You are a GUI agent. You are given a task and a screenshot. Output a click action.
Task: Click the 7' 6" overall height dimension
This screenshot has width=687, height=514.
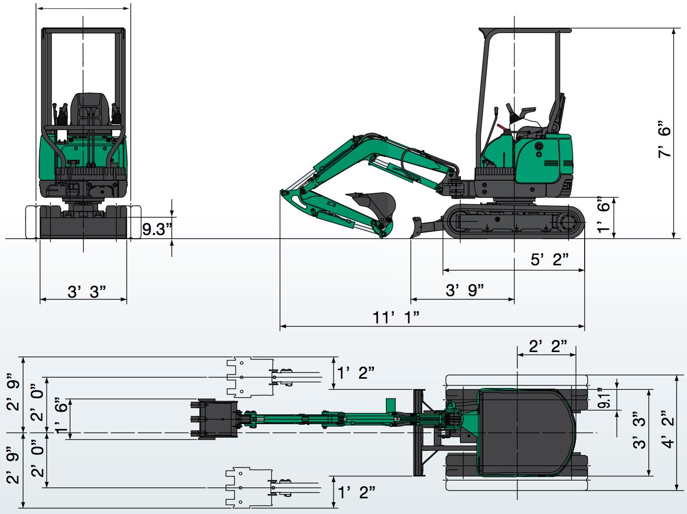pyautogui.click(x=664, y=138)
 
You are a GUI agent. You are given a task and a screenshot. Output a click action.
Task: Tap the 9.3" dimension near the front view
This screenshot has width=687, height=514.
pyautogui.click(x=157, y=229)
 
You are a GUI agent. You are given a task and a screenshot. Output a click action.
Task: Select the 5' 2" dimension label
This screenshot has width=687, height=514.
pyautogui.click(x=550, y=260)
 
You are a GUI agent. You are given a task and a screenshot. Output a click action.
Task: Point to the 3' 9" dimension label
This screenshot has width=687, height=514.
pyautogui.click(x=465, y=290)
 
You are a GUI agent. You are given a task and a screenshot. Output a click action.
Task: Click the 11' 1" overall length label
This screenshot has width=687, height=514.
pyautogui.click(x=396, y=318)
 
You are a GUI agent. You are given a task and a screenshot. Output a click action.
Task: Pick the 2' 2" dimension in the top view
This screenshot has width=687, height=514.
pyautogui.click(x=548, y=346)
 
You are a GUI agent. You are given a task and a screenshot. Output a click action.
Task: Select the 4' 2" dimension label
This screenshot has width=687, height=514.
pyautogui.click(x=668, y=429)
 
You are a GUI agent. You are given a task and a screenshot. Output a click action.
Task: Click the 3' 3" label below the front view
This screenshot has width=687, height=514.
pyautogui.click(x=87, y=291)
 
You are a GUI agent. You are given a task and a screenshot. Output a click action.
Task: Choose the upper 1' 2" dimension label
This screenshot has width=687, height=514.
pyautogui.click(x=356, y=372)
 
